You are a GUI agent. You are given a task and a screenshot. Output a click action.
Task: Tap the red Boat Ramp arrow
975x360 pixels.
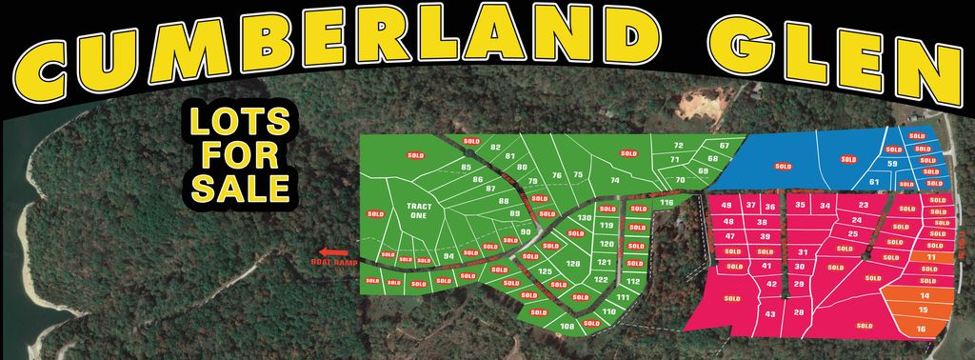coord(335,252)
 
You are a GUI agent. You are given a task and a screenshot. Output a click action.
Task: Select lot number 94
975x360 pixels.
coord(448,255)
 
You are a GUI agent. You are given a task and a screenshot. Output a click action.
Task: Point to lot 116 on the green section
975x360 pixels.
coord(667,203)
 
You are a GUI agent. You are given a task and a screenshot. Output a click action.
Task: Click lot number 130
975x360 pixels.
coord(611,218)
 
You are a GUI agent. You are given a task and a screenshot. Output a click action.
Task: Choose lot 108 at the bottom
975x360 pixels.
coord(567,327)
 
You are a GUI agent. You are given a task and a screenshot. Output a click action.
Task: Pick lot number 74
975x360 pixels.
coord(615,180)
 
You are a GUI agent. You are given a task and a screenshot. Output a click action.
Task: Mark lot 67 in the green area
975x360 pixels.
coord(725,145)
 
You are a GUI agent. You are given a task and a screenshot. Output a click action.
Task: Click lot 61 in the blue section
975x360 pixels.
coord(874,181)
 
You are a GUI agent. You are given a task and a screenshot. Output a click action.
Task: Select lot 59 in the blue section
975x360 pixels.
coord(892,164)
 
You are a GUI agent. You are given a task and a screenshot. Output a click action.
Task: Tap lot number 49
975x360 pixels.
coord(726,206)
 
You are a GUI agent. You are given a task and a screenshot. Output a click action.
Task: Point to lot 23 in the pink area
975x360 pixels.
coord(863,205)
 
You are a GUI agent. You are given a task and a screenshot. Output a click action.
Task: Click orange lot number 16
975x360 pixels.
coord(921,329)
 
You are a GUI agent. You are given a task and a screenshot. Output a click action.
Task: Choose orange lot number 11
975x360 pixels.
coord(931,257)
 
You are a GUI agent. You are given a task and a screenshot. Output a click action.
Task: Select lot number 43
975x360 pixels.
coord(769,314)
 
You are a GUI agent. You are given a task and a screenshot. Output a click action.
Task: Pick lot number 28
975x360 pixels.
coord(799,312)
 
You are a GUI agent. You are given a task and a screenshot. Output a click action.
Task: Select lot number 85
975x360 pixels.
coord(467,169)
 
